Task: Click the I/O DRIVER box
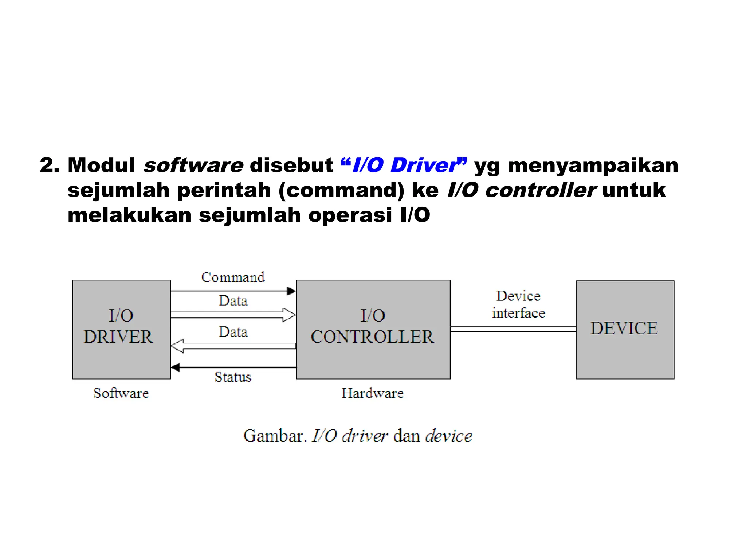tap(121, 329)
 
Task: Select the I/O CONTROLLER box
tap(373, 329)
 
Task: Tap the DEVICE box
tap(625, 329)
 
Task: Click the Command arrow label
tap(233, 277)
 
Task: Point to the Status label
tap(233, 377)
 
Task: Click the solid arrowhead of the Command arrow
tap(291, 291)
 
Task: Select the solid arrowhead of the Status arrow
tap(176, 367)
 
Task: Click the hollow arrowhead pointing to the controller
tap(289, 315)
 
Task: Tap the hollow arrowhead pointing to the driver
tap(177, 346)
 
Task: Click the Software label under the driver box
tap(121, 393)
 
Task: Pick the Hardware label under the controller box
tap(373, 393)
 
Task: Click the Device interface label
tap(518, 304)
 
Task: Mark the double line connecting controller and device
tap(513, 329)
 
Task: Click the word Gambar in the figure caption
tap(273, 436)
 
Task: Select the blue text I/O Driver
tap(404, 165)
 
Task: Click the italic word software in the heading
tap(193, 165)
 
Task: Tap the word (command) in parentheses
tap(341, 190)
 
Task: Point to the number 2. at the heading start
tap(50, 165)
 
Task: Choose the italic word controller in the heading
tap(540, 190)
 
